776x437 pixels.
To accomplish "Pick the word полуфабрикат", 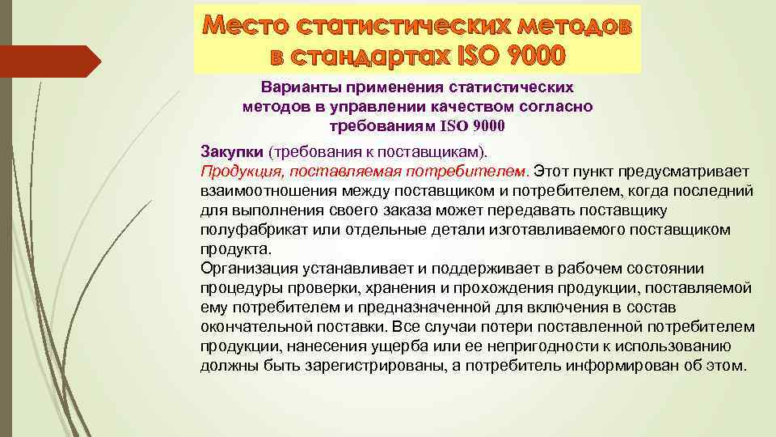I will point(247,230).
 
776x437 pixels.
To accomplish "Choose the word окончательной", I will point(251,327).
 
